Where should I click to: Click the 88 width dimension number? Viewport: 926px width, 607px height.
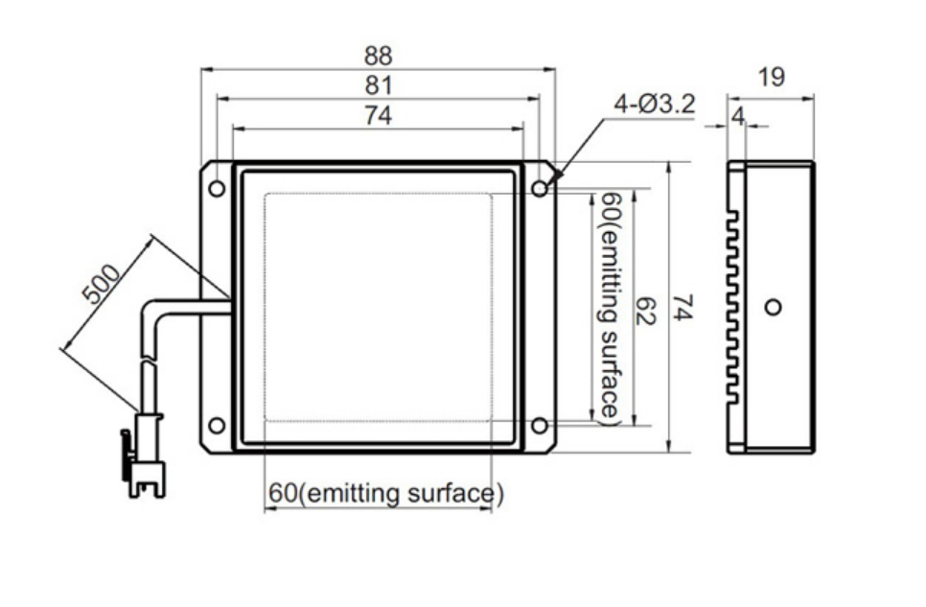tap(378, 57)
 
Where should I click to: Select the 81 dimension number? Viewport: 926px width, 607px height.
tap(378, 85)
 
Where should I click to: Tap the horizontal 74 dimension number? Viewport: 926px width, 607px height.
tap(378, 115)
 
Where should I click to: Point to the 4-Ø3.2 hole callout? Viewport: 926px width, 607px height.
tap(655, 105)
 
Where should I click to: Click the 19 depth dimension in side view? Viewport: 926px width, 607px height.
tap(771, 78)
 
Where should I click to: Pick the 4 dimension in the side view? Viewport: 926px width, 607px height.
tap(737, 117)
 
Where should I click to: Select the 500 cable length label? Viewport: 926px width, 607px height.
tap(101, 284)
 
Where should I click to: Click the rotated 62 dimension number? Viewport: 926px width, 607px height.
tap(645, 311)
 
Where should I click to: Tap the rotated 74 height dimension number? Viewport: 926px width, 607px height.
tap(682, 308)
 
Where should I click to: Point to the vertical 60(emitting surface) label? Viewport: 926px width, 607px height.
tap(610, 308)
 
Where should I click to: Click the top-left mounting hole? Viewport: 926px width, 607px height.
tap(217, 189)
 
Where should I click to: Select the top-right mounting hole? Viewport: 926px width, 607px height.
tap(540, 189)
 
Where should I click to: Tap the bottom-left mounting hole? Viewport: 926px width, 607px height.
tap(217, 425)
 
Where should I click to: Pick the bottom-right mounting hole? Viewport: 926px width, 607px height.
tap(540, 425)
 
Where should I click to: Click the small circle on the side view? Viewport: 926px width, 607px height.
tap(773, 307)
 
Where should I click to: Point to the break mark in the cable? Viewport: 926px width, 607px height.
tap(149, 362)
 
